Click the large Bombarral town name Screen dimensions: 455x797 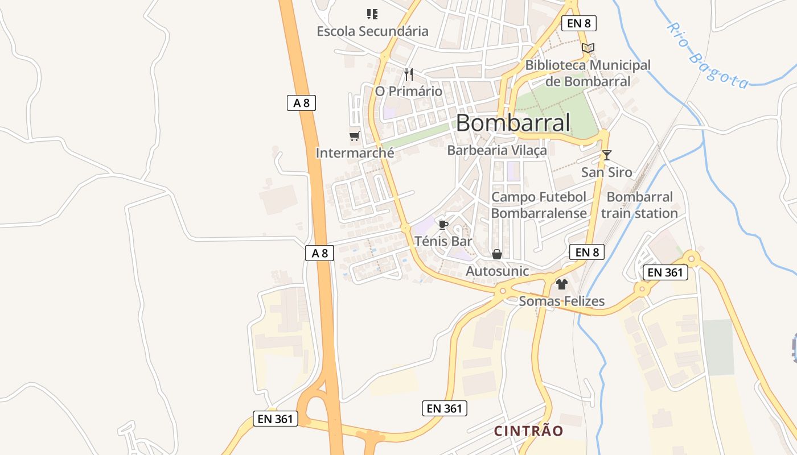(513, 123)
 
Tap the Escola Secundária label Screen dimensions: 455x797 (372, 31)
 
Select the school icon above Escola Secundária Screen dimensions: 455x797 (372, 14)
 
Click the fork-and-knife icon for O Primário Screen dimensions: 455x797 (408, 74)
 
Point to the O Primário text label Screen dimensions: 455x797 (408, 91)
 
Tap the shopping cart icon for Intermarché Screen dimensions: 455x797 (355, 136)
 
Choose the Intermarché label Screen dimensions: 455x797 (355, 153)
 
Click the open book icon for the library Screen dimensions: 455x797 (588, 48)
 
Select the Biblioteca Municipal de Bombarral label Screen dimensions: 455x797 (588, 73)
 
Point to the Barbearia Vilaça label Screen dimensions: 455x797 (497, 150)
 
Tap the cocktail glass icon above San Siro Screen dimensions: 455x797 (607, 155)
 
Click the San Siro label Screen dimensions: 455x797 (607, 172)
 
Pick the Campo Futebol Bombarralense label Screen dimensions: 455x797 (539, 205)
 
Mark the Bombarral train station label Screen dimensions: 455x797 (640, 205)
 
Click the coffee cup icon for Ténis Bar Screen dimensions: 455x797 (443, 224)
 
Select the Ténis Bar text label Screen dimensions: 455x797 (443, 241)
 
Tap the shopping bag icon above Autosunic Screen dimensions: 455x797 (497, 254)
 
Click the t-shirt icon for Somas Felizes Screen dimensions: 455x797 (562, 284)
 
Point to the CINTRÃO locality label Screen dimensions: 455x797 (528, 431)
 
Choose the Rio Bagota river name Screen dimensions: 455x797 (708, 56)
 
